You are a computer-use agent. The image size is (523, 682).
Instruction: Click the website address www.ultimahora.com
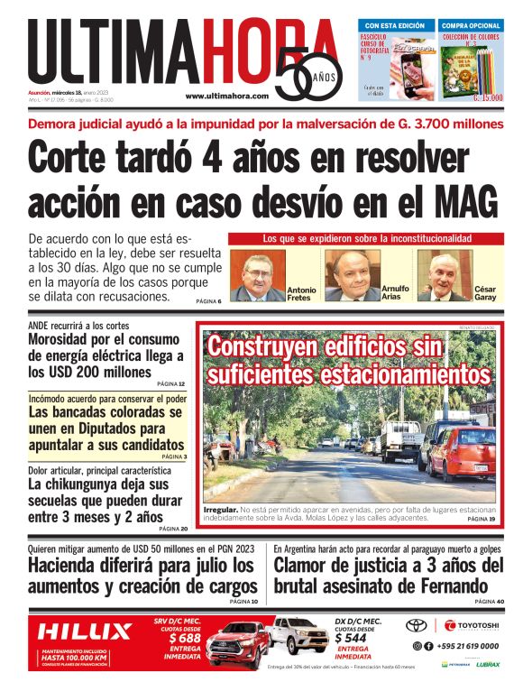pos(226,96)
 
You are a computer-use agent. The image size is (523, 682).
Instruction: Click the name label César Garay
pos(485,293)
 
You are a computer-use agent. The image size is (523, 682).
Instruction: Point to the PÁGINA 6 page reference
pos(208,300)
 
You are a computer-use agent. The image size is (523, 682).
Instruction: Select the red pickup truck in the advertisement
pos(236,641)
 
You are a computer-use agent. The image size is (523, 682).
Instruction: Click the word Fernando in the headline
pos(445,586)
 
